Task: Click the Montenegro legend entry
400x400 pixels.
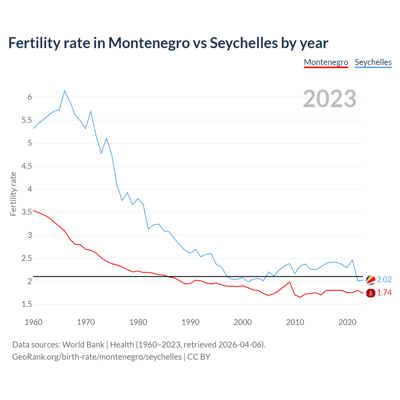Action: tap(326, 62)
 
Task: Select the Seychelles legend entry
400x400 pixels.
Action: tap(373, 62)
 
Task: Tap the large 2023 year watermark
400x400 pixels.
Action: tap(330, 99)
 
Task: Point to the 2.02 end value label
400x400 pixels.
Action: tap(384, 279)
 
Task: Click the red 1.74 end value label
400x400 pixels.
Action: tap(384, 293)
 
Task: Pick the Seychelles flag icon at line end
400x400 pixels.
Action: tap(371, 280)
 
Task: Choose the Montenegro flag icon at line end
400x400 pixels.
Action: tap(371, 293)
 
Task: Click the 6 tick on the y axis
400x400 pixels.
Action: tap(30, 97)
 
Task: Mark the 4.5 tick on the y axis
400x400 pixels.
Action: tap(27, 166)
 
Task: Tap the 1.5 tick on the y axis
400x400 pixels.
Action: tap(27, 304)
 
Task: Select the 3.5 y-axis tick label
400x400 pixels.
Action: tap(27, 212)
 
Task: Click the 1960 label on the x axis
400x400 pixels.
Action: tap(33, 322)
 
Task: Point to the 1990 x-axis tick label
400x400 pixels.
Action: tap(190, 322)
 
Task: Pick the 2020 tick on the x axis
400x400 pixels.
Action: tap(347, 322)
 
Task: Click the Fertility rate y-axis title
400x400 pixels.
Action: tap(13, 194)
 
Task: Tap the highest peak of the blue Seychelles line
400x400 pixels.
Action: tap(65, 91)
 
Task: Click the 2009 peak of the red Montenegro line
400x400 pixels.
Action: tap(290, 282)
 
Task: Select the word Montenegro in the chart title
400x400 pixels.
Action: tap(149, 43)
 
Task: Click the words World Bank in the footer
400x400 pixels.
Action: tap(83, 345)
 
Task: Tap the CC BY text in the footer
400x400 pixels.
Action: tap(199, 357)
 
